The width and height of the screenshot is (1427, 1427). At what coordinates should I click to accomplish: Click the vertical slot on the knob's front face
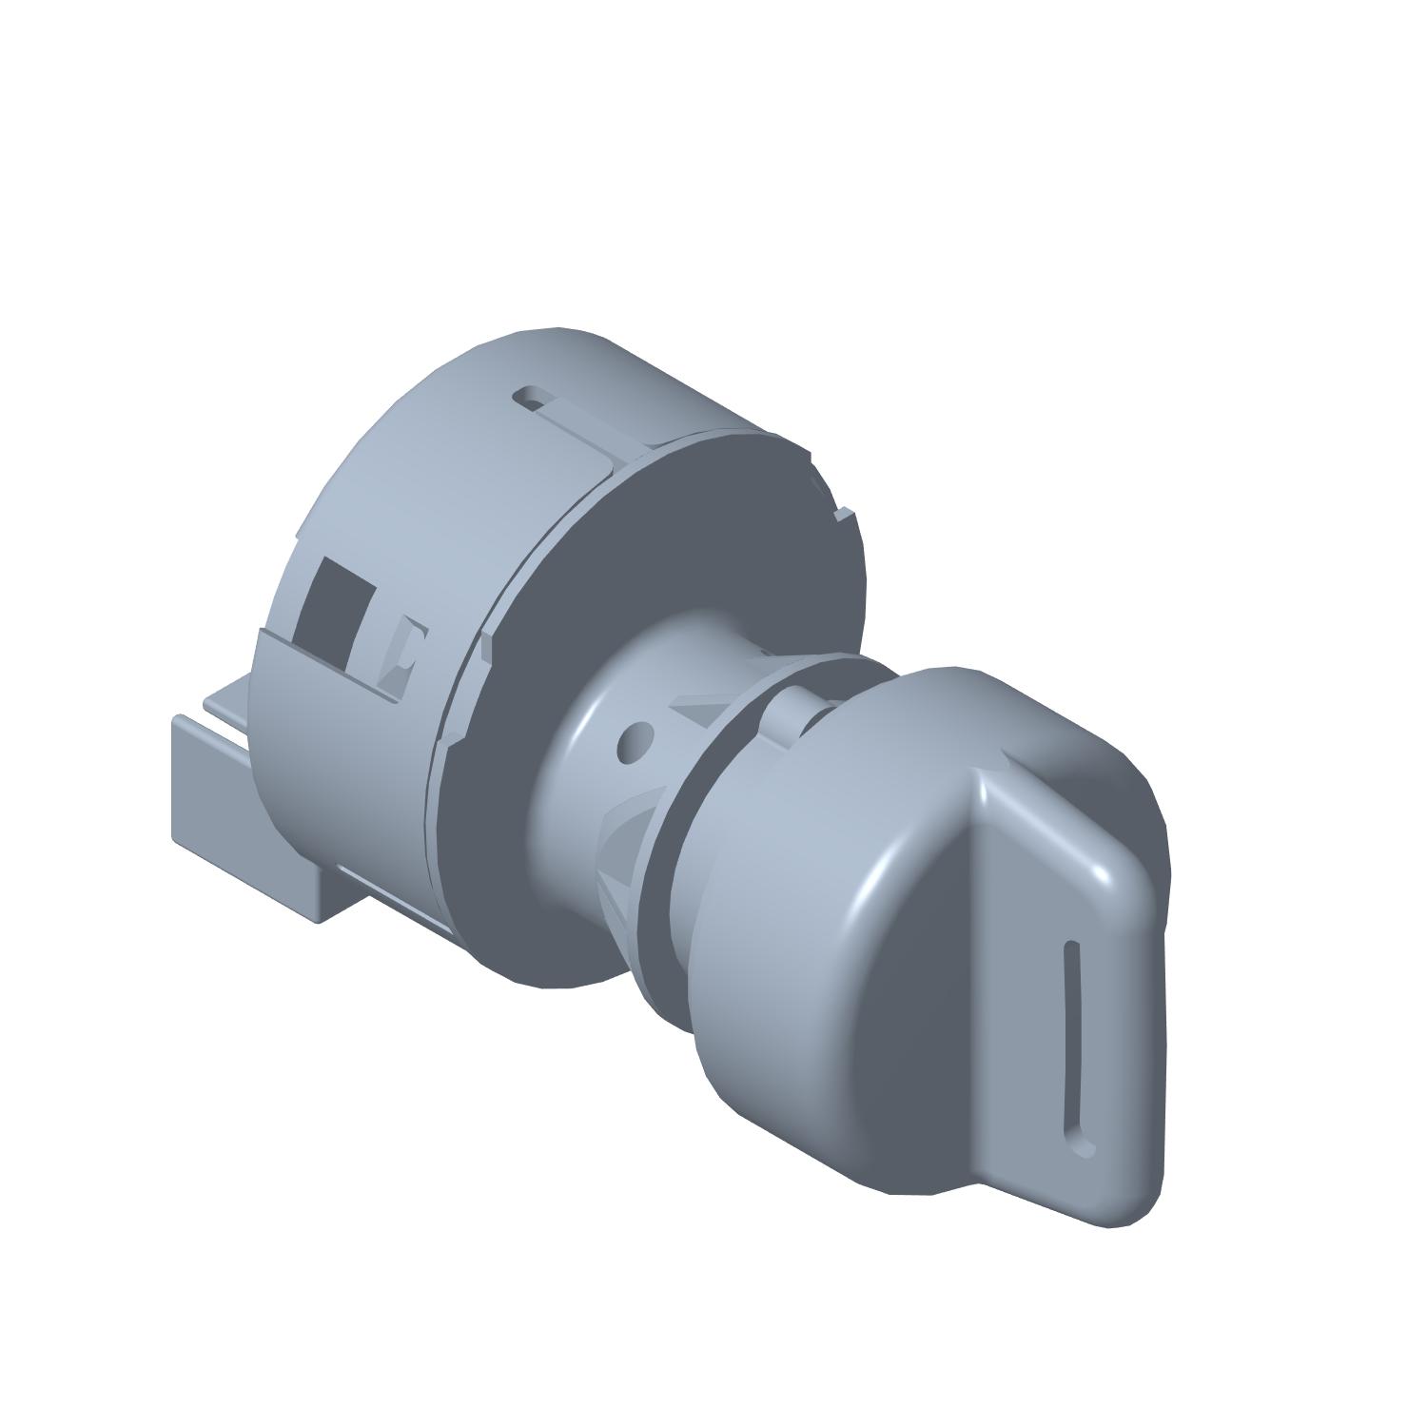coord(1074,1042)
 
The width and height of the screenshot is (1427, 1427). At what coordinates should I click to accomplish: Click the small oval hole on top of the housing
coord(531,396)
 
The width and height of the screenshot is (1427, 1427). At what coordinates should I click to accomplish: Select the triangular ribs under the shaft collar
coord(618,847)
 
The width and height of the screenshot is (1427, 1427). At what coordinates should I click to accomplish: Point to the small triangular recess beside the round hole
coord(694,709)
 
